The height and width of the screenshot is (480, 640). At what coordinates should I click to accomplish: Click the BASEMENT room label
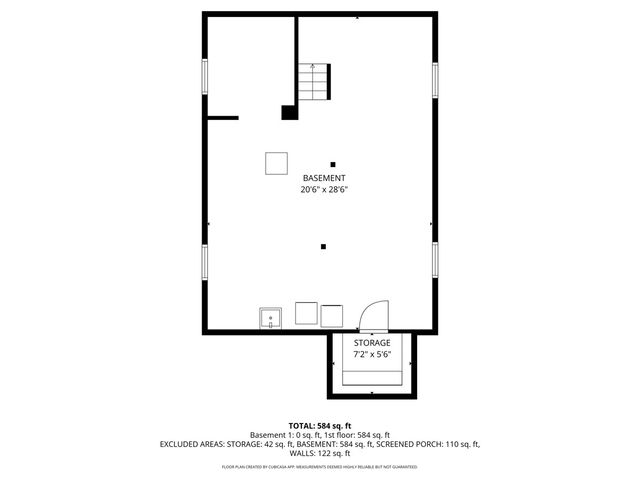324,178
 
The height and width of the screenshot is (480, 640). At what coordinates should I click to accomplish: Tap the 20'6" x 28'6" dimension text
324,189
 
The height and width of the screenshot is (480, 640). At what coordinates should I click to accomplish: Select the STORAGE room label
372,343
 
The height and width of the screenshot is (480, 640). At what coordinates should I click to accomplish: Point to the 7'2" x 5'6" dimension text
372,354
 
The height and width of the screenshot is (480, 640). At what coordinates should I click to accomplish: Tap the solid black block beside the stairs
289,112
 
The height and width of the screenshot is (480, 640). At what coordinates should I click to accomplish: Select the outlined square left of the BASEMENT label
277,162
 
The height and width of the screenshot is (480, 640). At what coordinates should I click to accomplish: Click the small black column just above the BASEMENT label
333,164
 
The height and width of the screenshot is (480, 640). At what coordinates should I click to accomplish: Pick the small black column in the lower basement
323,246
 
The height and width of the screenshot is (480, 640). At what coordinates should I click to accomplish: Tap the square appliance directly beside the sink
306,314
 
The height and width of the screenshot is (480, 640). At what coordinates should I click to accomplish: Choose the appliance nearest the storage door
332,314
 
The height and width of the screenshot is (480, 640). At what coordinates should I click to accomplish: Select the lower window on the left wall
205,261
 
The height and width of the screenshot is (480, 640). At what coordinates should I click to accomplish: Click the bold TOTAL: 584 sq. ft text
320,426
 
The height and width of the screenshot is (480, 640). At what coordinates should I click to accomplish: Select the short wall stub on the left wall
222,118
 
